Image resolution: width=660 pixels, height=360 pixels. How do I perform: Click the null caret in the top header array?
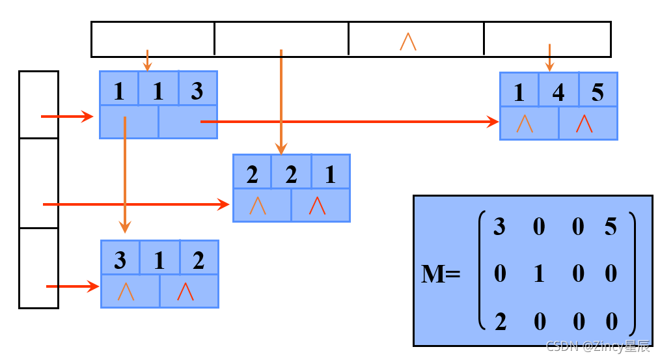[408, 41]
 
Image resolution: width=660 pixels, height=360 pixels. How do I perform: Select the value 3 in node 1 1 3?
[197, 90]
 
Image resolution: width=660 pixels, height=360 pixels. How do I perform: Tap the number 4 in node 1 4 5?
[558, 92]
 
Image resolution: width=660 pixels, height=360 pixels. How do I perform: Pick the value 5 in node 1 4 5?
[598, 92]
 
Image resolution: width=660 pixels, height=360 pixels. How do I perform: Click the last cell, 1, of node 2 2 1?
[330, 174]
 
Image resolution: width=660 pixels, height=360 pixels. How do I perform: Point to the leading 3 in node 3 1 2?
[120, 260]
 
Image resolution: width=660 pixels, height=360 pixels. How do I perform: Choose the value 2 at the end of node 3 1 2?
[199, 260]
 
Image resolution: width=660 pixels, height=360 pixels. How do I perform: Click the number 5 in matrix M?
[610, 227]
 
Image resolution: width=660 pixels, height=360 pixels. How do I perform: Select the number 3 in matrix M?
[499, 227]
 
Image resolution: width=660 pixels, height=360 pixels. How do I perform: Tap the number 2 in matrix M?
[499, 321]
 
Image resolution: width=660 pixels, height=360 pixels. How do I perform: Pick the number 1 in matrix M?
[539, 273]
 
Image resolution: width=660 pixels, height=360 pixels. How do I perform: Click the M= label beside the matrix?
[441, 274]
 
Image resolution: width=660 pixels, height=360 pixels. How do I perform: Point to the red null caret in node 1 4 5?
[584, 124]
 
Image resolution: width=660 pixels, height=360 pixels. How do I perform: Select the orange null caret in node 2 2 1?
[258, 206]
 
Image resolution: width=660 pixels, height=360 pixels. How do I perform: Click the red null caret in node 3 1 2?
[186, 292]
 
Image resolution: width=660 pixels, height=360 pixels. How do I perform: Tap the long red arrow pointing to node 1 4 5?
[345, 121]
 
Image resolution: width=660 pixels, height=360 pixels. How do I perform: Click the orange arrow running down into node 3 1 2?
[124, 176]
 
